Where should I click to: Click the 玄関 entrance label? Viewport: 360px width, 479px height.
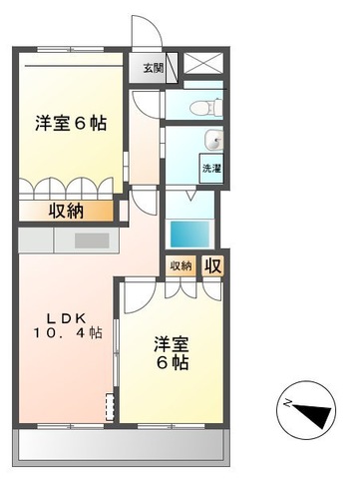[153, 69]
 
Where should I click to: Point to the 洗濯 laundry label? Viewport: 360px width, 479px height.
[211, 169]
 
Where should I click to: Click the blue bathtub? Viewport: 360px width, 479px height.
[190, 234]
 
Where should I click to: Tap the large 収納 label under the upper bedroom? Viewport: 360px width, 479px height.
[67, 211]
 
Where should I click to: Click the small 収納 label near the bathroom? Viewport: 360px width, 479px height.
[180, 264]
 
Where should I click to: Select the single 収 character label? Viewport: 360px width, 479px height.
[212, 264]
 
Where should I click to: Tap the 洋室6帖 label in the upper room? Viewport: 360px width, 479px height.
[71, 123]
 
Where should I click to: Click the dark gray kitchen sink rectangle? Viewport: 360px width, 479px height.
[91, 240]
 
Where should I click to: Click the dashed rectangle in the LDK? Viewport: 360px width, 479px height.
[109, 405]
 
